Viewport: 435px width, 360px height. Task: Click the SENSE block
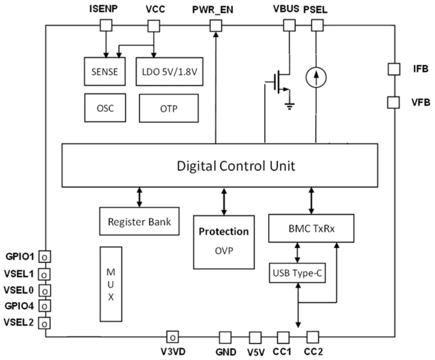pyautogui.click(x=105, y=71)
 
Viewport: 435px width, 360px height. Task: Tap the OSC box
pyautogui.click(x=105, y=107)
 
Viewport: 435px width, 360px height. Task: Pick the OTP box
pyautogui.click(x=168, y=108)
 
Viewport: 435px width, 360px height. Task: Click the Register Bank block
pyautogui.click(x=139, y=222)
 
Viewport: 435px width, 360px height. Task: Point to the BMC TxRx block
pyautogui.click(x=311, y=228)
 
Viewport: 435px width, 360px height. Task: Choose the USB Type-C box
pyautogui.click(x=297, y=273)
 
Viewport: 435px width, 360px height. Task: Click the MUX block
pyautogui.click(x=111, y=284)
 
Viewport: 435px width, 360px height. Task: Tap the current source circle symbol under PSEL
pyautogui.click(x=316, y=77)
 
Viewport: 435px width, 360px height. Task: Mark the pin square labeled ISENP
pyautogui.click(x=106, y=26)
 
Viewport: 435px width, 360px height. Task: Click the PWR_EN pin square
pyautogui.click(x=216, y=26)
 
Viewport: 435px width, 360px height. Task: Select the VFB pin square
pyautogui.click(x=394, y=102)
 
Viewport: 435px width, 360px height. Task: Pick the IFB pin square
pyautogui.click(x=394, y=69)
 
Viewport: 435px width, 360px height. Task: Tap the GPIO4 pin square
pyautogui.click(x=45, y=305)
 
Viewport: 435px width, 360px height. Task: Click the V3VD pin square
pyautogui.click(x=172, y=337)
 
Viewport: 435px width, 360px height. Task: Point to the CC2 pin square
pyautogui.click(x=312, y=337)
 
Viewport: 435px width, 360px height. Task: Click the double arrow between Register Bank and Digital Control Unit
pyautogui.click(x=139, y=197)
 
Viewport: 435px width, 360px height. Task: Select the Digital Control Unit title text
pyautogui.click(x=236, y=166)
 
